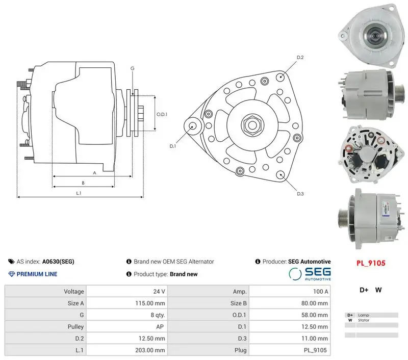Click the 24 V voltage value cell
[159, 292]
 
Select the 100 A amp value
[321, 292]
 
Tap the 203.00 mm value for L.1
[150, 350]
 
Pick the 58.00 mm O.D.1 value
[315, 315]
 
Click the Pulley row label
[75, 327]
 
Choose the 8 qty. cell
[158, 315]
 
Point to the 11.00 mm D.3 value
[315, 339]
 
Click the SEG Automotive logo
[310, 274]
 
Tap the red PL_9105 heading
[371, 263]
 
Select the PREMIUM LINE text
[37, 274]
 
